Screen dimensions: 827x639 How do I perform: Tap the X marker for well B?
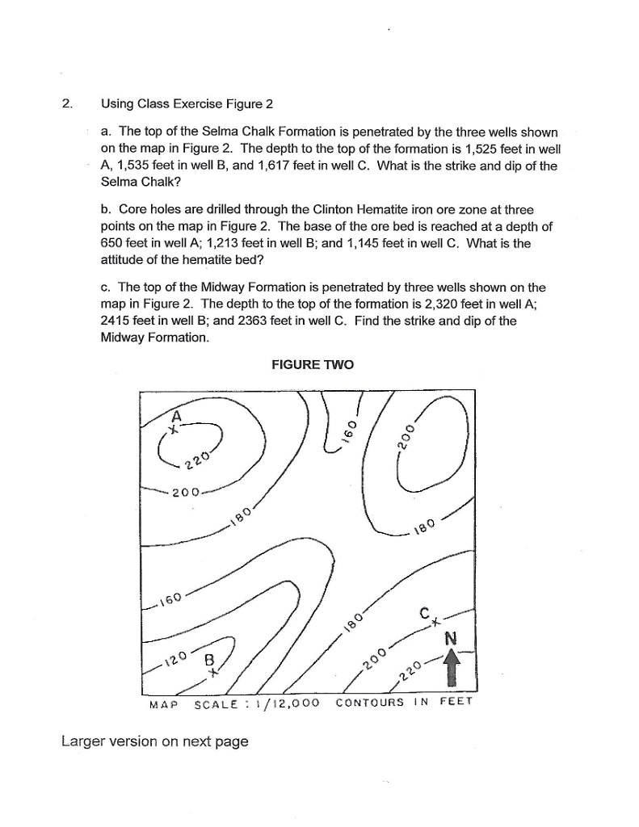[212, 670]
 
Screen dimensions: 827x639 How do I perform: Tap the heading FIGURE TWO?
[313, 365]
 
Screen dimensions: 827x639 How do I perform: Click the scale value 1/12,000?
[285, 702]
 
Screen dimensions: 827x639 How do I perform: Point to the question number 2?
[66, 103]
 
